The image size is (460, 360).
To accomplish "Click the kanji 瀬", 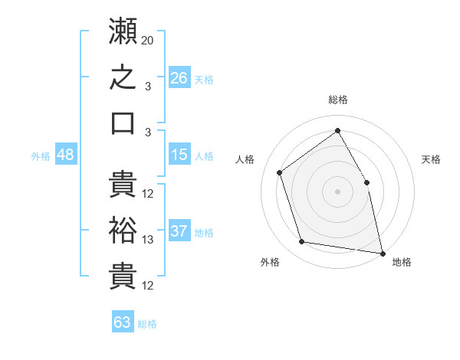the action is click(123, 31).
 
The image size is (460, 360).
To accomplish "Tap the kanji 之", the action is click(123, 77).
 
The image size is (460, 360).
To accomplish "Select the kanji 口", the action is click(123, 123).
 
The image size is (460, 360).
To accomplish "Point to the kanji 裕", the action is click(123, 230).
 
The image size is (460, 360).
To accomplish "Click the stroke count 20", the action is click(147, 41).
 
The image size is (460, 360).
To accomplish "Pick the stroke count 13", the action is click(147, 240).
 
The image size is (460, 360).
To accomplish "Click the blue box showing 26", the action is click(179, 77).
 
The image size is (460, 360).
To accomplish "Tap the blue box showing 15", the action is click(179, 154).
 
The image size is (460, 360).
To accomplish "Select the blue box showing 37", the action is click(179, 230).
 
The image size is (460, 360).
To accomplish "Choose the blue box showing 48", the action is click(66, 154).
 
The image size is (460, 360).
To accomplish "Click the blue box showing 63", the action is click(123, 321).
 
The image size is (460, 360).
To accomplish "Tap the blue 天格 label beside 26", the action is click(204, 80).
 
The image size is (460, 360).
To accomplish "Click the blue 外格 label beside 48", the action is click(41, 156).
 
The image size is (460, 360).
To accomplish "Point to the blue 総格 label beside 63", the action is click(147, 324).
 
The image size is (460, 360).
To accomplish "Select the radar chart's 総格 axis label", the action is click(338, 100).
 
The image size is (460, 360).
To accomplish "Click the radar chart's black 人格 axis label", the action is click(245, 159).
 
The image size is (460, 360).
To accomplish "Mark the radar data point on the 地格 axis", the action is click(383, 254).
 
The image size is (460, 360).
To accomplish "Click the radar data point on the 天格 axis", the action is click(366, 182).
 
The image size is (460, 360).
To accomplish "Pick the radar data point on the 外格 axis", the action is click(301, 241).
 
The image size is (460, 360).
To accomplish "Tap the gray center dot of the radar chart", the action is click(337, 191).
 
